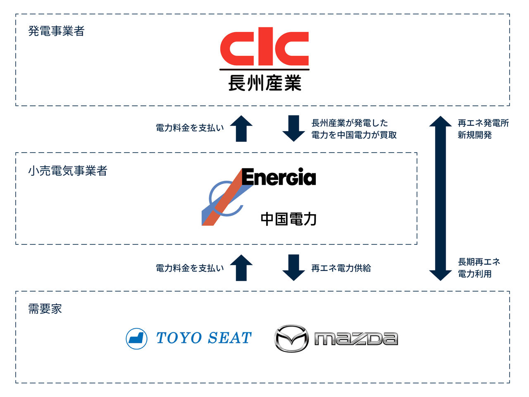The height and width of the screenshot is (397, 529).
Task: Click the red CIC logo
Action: pyautogui.click(x=264, y=46)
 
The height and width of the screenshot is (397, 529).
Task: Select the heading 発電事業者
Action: pyautogui.click(x=56, y=31)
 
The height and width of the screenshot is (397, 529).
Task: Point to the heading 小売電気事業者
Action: pyautogui.click(x=68, y=170)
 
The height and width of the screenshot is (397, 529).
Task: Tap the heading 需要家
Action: pyautogui.click(x=45, y=309)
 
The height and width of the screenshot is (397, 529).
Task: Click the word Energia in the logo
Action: pyautogui.click(x=279, y=177)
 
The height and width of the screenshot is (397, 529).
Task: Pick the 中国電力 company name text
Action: pyautogui.click(x=288, y=218)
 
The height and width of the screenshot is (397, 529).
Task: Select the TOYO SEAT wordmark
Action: pyautogui.click(x=204, y=338)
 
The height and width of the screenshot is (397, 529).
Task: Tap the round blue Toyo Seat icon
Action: pyautogui.click(x=137, y=338)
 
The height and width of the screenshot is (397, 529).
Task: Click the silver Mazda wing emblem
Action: pyautogui.click(x=291, y=338)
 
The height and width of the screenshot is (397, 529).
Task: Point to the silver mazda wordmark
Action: pyautogui.click(x=356, y=339)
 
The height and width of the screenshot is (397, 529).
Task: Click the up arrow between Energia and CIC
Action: pyautogui.click(x=241, y=128)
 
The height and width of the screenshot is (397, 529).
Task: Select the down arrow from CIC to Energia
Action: pyautogui.click(x=293, y=128)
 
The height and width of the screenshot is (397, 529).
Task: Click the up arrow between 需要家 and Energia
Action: pyautogui.click(x=241, y=268)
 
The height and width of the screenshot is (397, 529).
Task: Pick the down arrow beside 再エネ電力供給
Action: pyautogui.click(x=293, y=268)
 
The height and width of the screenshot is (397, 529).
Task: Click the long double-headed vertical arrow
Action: pyautogui.click(x=441, y=198)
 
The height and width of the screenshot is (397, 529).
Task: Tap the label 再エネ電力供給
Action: pyautogui.click(x=341, y=268)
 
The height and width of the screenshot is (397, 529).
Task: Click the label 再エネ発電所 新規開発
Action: pyautogui.click(x=483, y=129)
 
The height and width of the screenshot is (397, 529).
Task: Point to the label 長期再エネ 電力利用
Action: pyautogui.click(x=479, y=268)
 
